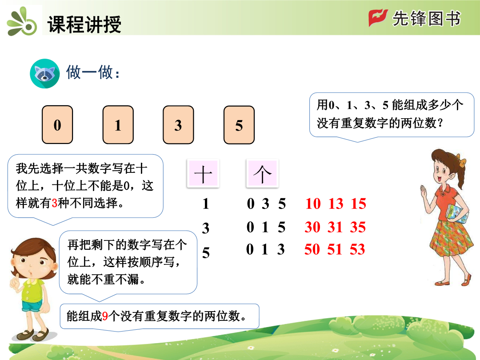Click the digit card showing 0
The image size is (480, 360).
pyautogui.click(x=57, y=124)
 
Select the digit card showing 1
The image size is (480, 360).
pyautogui.click(x=118, y=124)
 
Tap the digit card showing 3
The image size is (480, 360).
pyautogui.click(x=178, y=124)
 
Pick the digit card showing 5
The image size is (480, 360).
pyautogui.click(x=239, y=124)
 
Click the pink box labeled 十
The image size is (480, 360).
pyautogui.click(x=203, y=173)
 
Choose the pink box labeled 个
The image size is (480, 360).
pyautogui.click(x=262, y=173)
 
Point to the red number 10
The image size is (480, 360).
pyautogui.click(x=313, y=204)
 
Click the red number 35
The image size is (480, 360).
pyautogui.click(x=358, y=227)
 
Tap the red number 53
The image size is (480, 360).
pyautogui.click(x=357, y=249)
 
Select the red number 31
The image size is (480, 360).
pyautogui.click(x=335, y=227)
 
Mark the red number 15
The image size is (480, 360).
pyautogui.click(x=359, y=204)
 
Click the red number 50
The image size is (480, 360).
pyautogui.click(x=312, y=249)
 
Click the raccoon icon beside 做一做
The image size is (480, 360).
pyautogui.click(x=45, y=73)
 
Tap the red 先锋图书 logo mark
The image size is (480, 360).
pyautogui.click(x=378, y=18)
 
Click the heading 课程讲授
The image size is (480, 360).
pyautogui.click(x=84, y=24)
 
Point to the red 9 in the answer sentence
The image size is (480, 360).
pyautogui.click(x=105, y=316)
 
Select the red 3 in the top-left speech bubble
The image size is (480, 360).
pyautogui.click(x=55, y=203)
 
